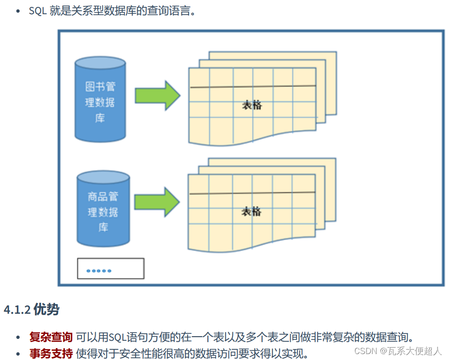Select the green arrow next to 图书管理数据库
click(157, 95)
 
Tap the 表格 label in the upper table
click(252, 105)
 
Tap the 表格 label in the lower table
click(251, 211)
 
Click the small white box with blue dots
click(110, 268)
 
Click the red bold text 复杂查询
click(51, 338)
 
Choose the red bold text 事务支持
click(51, 353)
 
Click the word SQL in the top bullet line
click(38, 11)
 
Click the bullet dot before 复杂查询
click(18, 338)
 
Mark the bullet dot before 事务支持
click(18, 354)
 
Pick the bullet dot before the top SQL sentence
click(18, 11)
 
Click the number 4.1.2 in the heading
click(17, 310)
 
